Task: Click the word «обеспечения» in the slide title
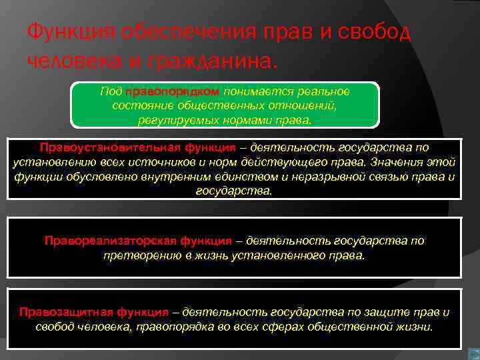(170, 31)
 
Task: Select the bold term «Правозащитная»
(59, 312)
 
